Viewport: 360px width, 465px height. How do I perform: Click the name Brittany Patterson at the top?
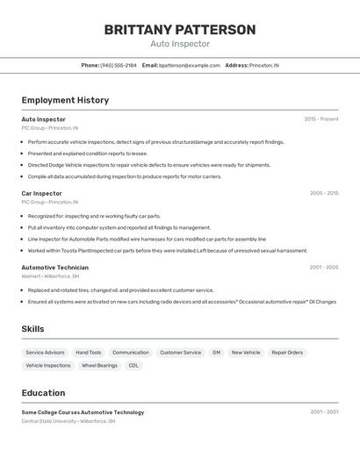point(180,30)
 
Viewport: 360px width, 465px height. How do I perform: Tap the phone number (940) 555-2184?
point(119,65)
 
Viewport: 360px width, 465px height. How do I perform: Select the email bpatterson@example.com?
point(190,65)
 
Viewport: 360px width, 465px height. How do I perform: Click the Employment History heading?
point(65,100)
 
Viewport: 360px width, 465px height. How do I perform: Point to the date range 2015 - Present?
point(320,119)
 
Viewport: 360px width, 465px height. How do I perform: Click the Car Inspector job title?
point(41,193)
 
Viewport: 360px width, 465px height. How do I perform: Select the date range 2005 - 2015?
point(323,193)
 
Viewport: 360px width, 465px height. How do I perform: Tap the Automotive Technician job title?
point(54,268)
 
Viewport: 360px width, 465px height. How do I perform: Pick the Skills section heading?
point(33,329)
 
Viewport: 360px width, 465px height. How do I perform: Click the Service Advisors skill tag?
point(45,353)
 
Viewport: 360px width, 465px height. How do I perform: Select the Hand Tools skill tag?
point(89,353)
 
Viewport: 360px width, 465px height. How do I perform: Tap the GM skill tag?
point(216,353)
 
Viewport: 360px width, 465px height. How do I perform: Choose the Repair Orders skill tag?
point(287,353)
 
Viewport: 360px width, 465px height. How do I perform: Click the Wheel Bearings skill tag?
point(99,366)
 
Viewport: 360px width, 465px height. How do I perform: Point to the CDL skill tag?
point(133,366)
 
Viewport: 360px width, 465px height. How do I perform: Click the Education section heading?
point(43,393)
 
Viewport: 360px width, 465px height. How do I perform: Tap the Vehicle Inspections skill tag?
point(48,366)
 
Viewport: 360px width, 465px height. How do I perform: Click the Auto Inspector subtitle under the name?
point(180,44)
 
